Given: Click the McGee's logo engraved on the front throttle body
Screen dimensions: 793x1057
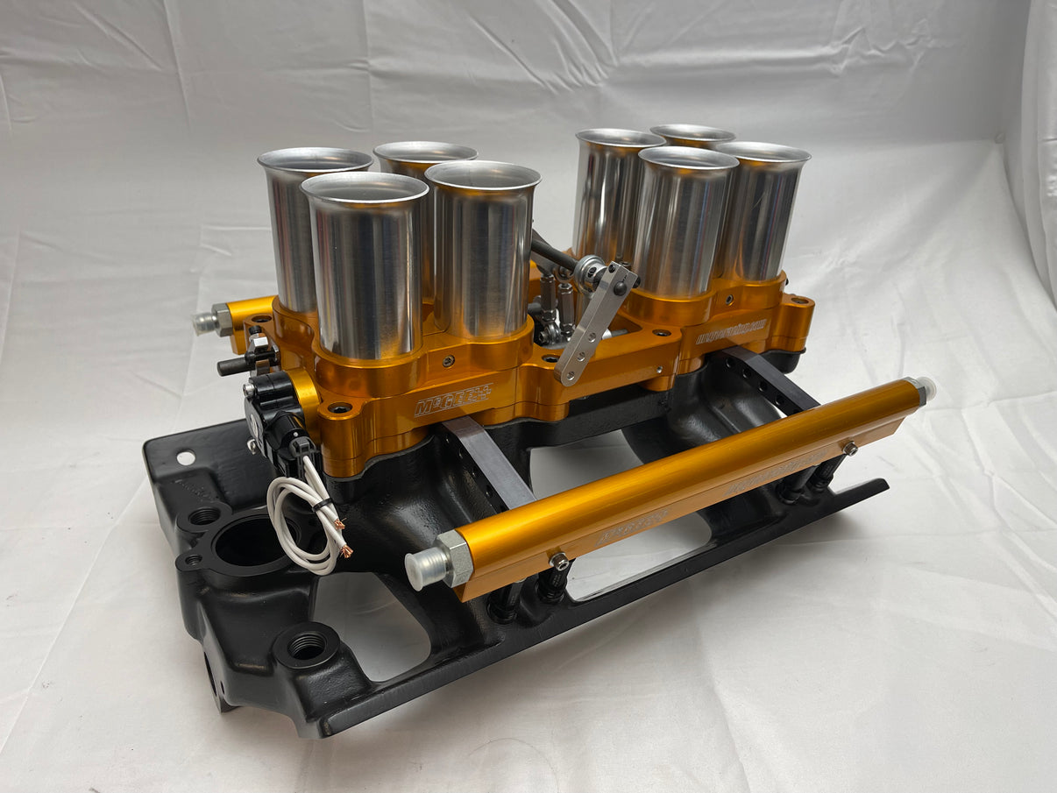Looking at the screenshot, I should click(452, 399).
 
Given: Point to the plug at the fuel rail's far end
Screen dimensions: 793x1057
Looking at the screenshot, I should click(925, 389).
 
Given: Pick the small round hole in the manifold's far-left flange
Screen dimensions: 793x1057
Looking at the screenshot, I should click(185, 457).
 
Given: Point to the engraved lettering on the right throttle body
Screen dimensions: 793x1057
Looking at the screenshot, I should click(731, 331).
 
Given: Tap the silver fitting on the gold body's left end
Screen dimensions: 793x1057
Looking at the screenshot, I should click(208, 321).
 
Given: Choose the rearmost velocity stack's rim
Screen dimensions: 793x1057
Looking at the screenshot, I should click(692, 134).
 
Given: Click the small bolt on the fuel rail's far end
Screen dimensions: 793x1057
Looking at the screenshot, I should click(848, 449).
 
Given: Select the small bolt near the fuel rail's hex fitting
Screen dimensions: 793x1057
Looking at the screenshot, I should click(555, 559).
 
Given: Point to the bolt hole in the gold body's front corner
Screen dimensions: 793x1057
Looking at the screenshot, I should click(337, 407).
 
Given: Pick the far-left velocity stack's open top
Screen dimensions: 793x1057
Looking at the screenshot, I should click(315, 160).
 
